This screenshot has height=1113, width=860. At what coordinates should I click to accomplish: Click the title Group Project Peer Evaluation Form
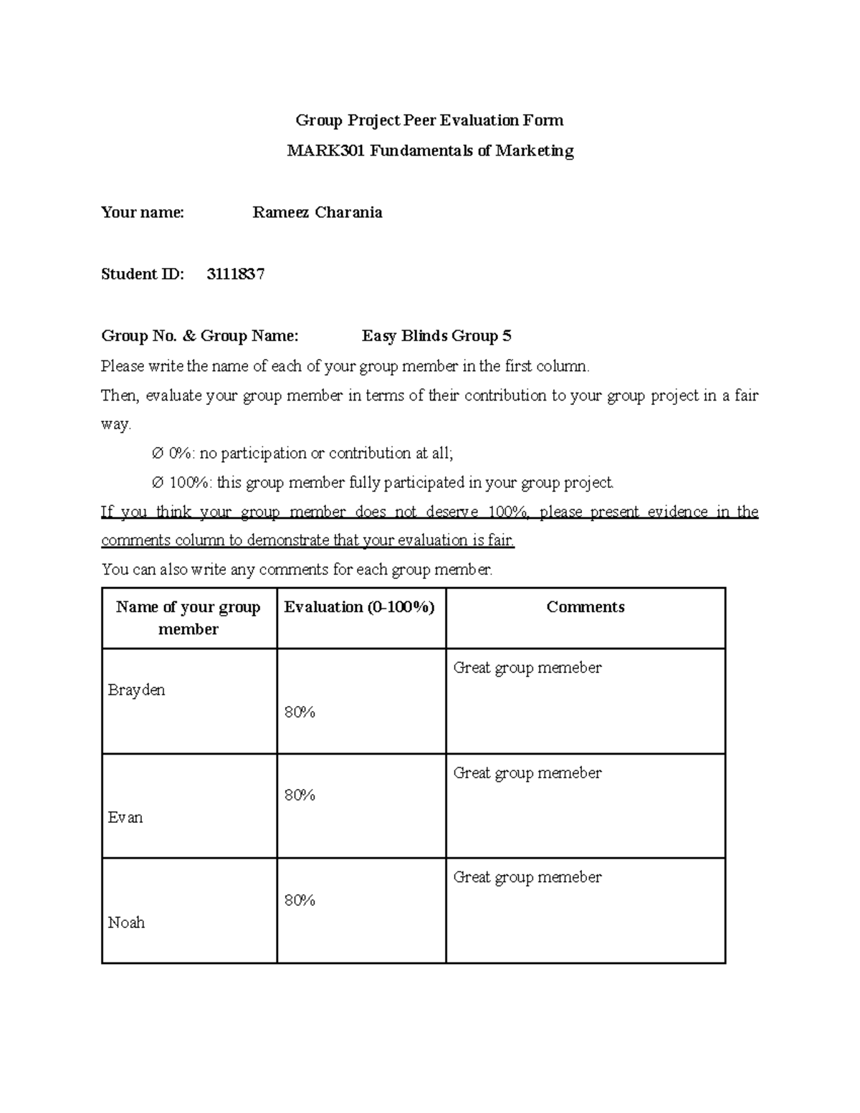click(x=430, y=120)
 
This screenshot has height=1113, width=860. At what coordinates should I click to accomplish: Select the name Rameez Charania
click(x=317, y=213)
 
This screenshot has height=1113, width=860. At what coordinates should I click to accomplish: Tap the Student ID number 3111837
click(x=236, y=274)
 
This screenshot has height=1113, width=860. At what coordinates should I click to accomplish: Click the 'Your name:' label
click(x=143, y=213)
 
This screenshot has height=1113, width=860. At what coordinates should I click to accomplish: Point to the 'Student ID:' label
click(x=143, y=274)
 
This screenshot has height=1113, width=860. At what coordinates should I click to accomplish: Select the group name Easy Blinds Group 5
click(x=436, y=336)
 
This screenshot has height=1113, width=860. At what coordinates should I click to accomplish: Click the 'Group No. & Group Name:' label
click(x=200, y=336)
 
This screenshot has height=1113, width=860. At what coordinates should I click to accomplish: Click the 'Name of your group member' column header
click(x=188, y=618)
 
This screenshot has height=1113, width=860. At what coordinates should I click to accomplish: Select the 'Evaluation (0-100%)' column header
click(x=360, y=607)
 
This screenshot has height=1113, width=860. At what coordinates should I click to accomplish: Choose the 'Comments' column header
click(x=585, y=607)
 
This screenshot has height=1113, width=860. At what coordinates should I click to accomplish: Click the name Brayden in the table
click(x=136, y=690)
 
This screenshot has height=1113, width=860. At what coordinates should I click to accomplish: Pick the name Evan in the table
click(x=125, y=818)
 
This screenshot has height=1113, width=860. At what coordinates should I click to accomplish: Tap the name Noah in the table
click(x=126, y=923)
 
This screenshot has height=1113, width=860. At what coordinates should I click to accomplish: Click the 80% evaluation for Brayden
click(x=300, y=712)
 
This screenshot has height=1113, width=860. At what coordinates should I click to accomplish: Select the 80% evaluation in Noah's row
click(x=300, y=901)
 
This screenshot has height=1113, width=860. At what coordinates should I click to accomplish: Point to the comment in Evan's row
click(x=527, y=773)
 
